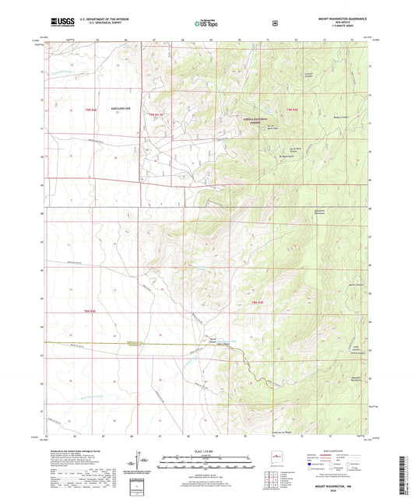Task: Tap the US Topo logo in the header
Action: pyautogui.click(x=206, y=23)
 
